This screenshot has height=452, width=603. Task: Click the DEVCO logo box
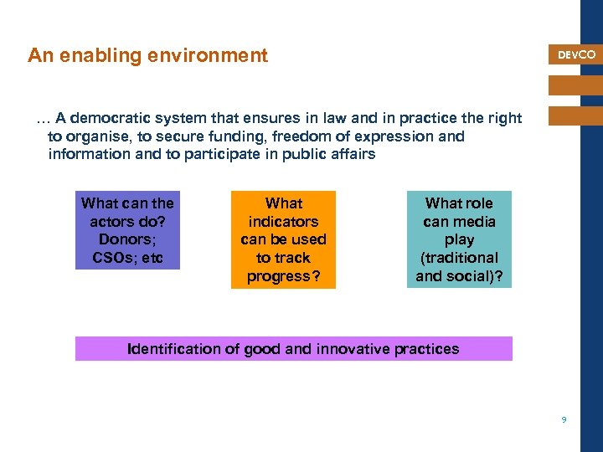click(x=576, y=54)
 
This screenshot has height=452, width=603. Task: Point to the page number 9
click(x=564, y=420)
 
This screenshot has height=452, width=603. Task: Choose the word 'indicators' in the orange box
click(x=283, y=222)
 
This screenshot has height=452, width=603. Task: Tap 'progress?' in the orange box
click(x=283, y=277)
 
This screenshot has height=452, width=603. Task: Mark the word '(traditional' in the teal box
click(x=459, y=259)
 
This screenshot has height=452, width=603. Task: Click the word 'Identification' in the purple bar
click(x=174, y=349)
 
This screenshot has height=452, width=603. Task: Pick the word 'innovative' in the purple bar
click(x=353, y=349)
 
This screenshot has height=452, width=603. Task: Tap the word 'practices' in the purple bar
click(x=426, y=349)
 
